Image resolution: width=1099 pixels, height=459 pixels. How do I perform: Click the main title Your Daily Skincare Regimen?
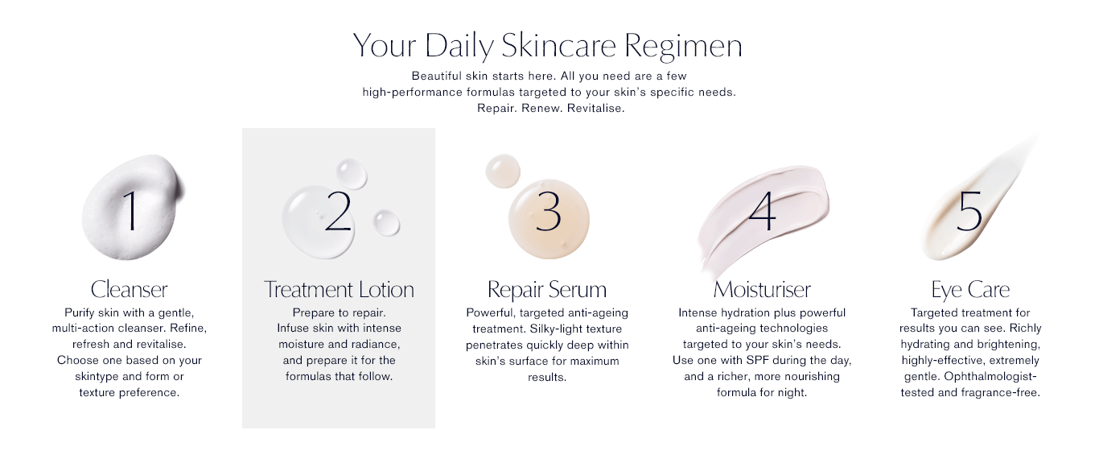(x=548, y=46)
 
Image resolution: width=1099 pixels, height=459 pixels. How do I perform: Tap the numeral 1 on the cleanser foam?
(x=130, y=210)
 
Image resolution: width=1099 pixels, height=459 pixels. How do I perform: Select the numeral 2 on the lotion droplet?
(x=338, y=211)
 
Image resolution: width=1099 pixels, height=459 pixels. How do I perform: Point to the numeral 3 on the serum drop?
(x=548, y=211)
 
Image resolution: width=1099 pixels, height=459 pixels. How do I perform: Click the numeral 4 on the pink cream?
(x=762, y=211)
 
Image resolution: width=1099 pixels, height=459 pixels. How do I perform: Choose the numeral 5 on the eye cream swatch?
(x=969, y=211)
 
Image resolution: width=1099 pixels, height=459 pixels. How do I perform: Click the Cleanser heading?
(x=129, y=289)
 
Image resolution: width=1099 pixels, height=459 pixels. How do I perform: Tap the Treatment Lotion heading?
(x=339, y=289)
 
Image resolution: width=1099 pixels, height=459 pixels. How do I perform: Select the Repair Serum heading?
(x=547, y=290)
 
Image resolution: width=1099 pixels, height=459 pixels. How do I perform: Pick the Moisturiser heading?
(x=762, y=289)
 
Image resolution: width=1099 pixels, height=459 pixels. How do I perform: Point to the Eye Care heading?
(x=970, y=290)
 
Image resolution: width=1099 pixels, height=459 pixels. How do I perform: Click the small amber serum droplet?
(x=502, y=171)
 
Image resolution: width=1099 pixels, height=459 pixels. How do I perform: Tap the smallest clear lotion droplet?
(x=386, y=223)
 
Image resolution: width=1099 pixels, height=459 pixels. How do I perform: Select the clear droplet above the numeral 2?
(x=352, y=173)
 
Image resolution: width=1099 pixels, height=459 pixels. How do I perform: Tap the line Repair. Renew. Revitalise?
(x=551, y=108)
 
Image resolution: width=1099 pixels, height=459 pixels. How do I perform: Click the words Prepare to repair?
(x=339, y=312)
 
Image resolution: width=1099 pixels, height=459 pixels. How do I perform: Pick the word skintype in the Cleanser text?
(x=97, y=377)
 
